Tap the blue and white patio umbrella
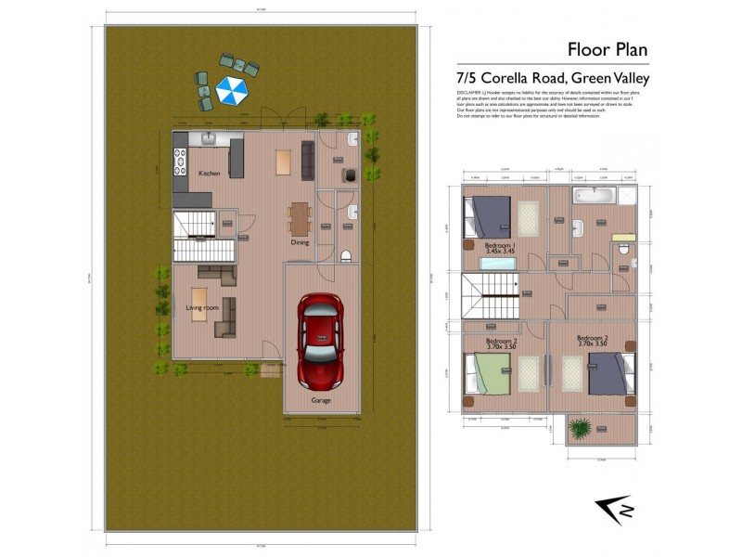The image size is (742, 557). tap(230, 90)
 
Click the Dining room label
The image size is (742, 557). tap(300, 242)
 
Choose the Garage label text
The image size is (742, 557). tap(320, 400)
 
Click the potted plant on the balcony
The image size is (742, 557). tap(582, 428)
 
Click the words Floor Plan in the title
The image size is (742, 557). tap(607, 49)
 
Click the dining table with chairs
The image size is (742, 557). tap(299, 219)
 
